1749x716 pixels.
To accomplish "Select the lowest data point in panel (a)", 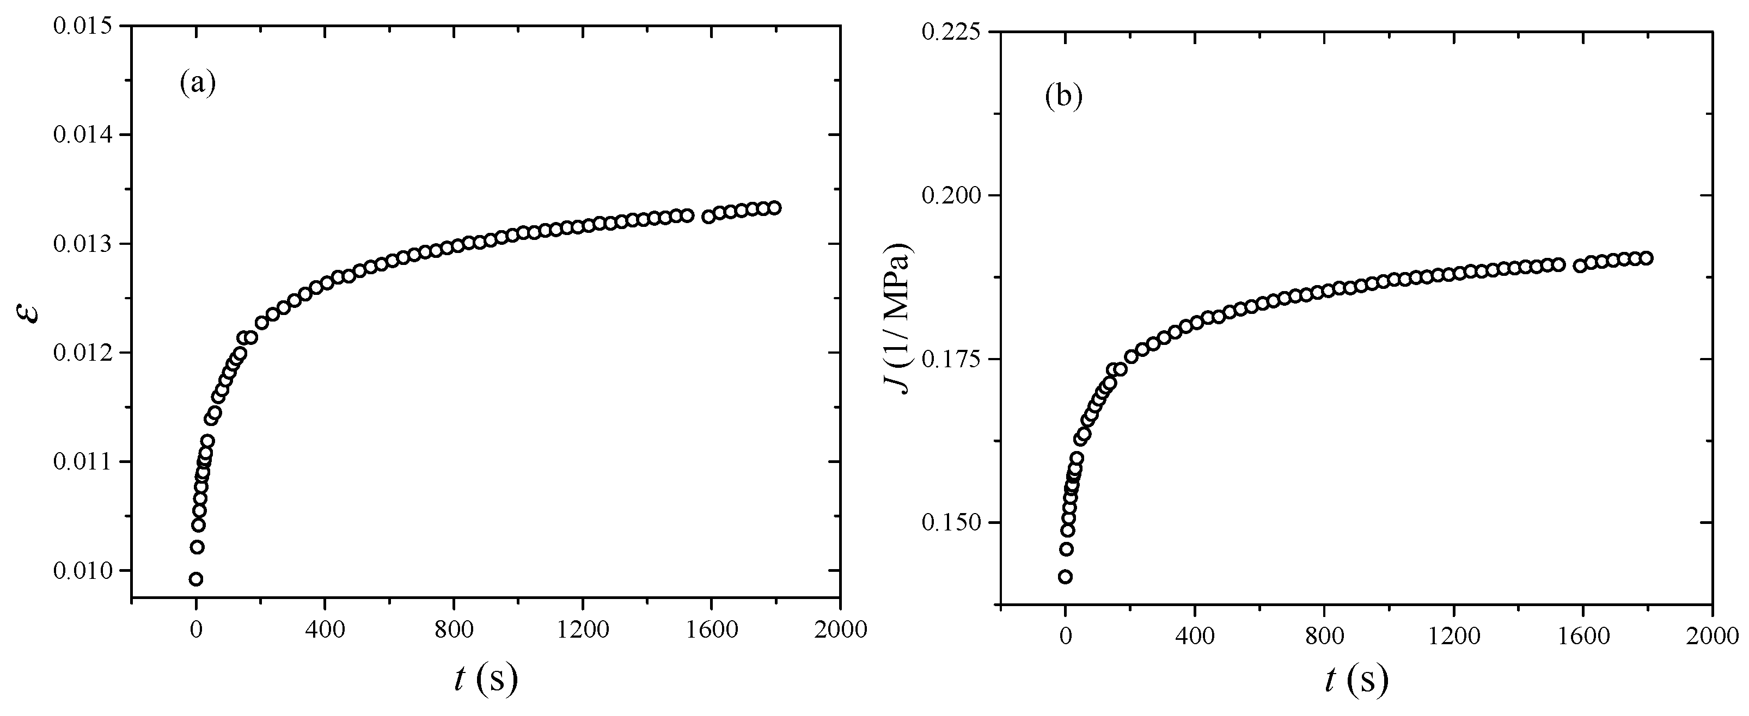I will coord(196,579).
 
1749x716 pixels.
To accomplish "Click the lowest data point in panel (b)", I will coord(1065,577).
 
